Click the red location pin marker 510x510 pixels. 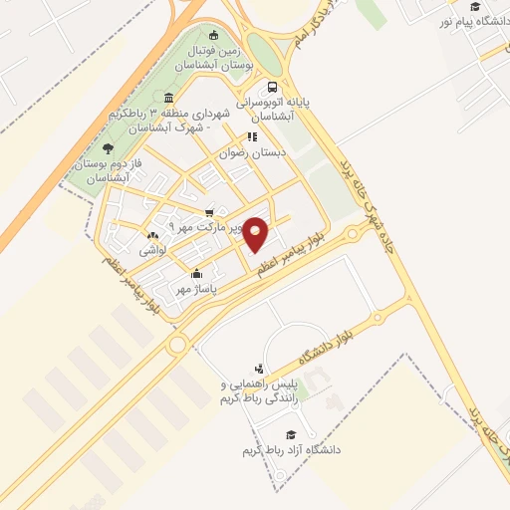(x=257, y=234)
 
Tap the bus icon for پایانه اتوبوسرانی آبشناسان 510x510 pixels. (x=273, y=87)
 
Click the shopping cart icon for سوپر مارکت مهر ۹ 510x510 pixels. (x=208, y=212)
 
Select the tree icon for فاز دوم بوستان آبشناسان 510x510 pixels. (x=107, y=147)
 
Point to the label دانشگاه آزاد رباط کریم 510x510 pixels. (x=291, y=450)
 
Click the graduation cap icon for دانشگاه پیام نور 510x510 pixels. (x=475, y=7)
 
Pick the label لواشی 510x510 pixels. (x=152, y=251)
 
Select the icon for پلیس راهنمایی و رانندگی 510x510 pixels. (x=260, y=370)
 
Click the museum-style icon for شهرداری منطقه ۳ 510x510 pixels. (x=168, y=98)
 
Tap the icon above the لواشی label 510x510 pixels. (x=151, y=236)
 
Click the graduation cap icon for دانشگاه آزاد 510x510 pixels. (x=291, y=434)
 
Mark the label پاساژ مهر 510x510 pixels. (x=195, y=289)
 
